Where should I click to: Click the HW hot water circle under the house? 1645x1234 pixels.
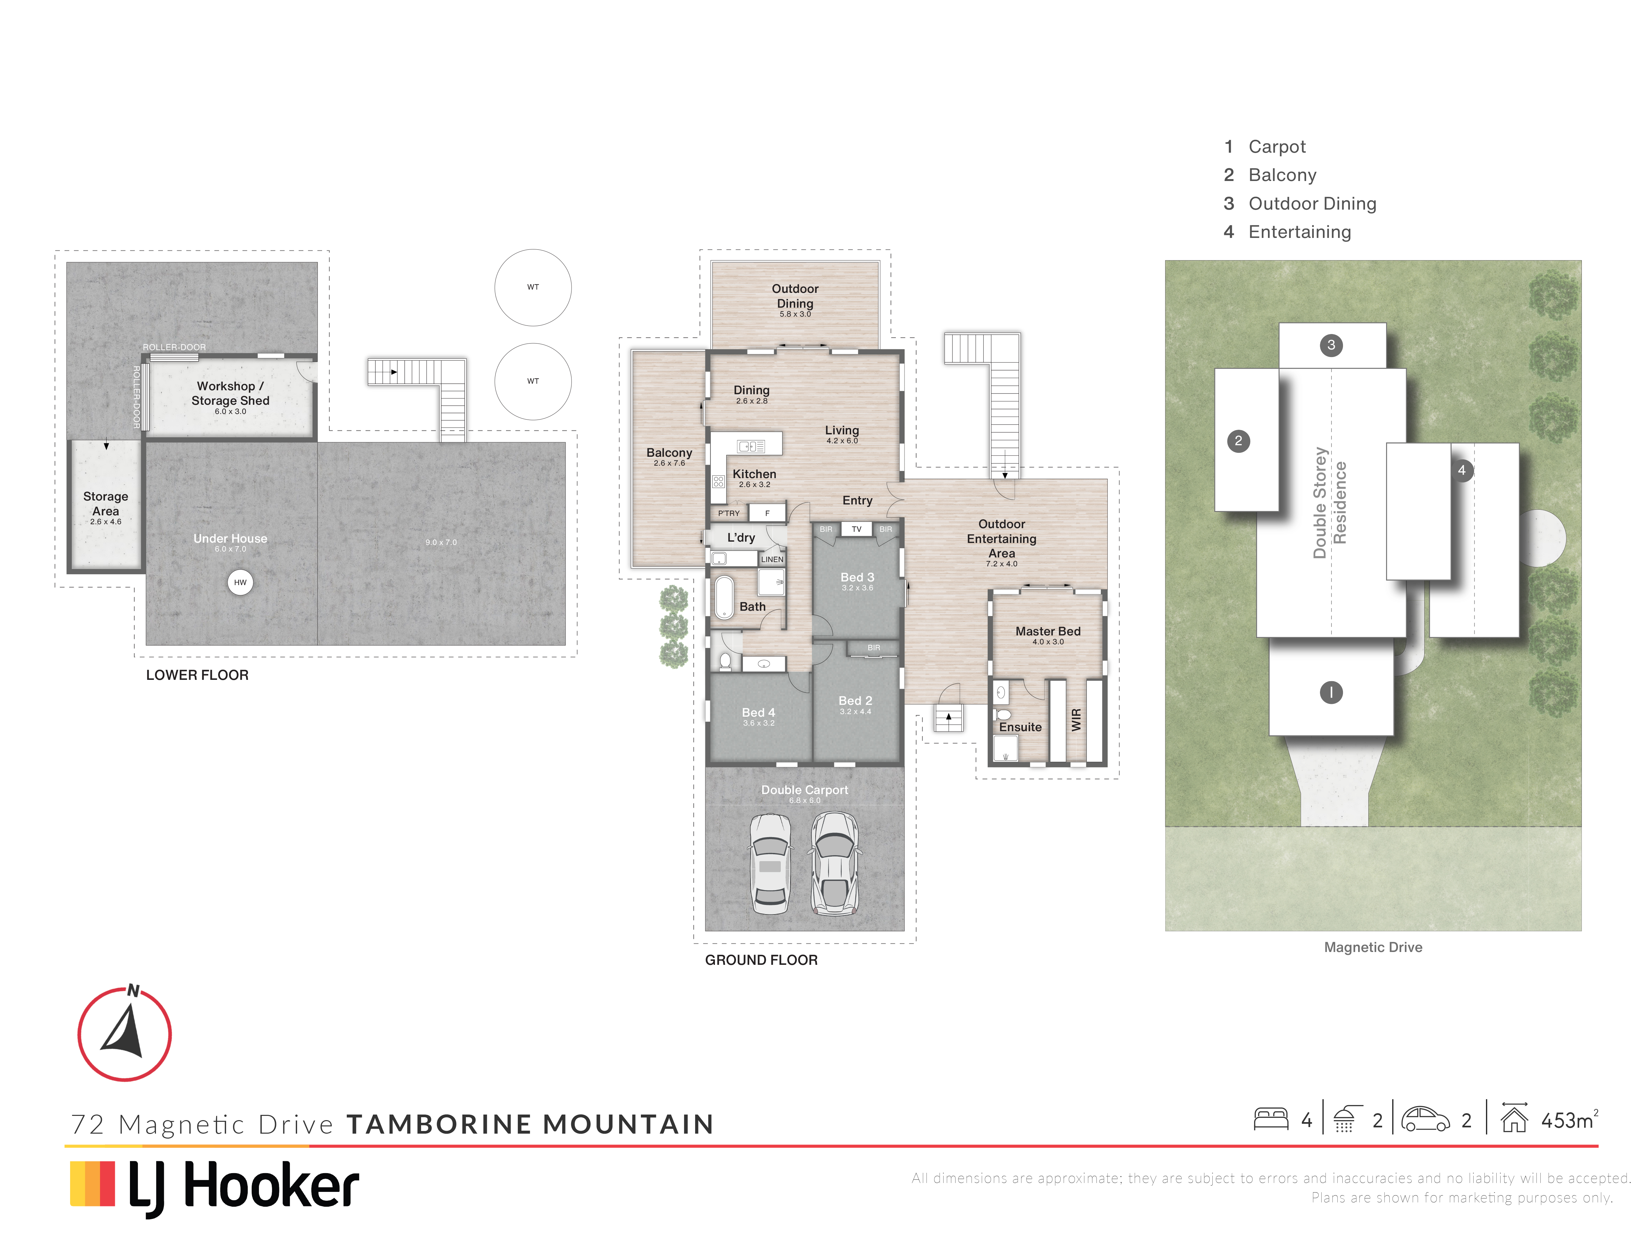tap(240, 582)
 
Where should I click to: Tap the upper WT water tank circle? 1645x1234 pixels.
tap(533, 287)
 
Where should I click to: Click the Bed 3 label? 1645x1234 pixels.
tap(857, 577)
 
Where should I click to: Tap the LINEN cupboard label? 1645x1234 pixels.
tap(772, 559)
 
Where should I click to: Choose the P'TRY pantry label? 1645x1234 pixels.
tap(729, 513)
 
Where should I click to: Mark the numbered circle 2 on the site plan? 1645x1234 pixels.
tap(1238, 441)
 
